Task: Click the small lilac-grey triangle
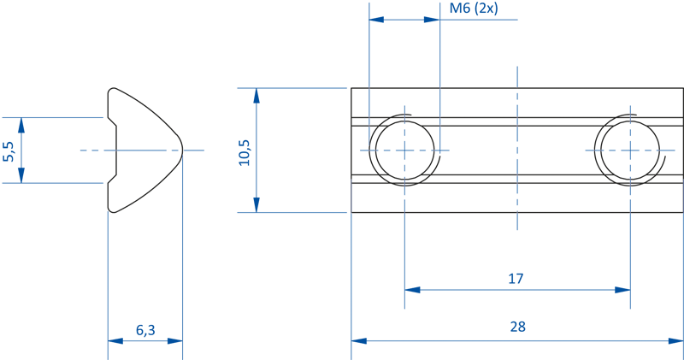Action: [x=357, y=197]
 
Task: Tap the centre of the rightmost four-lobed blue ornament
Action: [x=631, y=150]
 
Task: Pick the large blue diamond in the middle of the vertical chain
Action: [x=517, y=150]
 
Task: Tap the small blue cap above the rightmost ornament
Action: [x=631, y=103]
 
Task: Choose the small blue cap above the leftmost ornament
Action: [x=404, y=103]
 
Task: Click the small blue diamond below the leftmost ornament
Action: [x=404, y=198]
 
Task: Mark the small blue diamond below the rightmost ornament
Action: [x=631, y=198]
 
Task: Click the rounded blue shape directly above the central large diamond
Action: [x=517, y=103]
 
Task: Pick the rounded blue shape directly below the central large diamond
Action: [x=517, y=198]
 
